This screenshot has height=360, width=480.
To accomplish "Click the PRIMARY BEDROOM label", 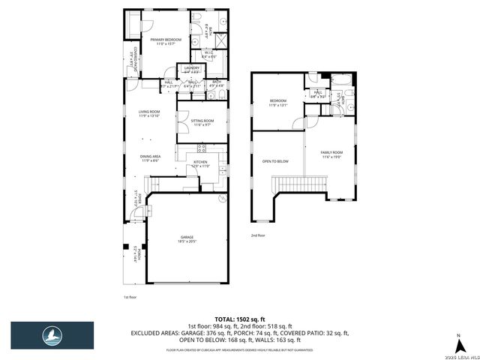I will (165, 40).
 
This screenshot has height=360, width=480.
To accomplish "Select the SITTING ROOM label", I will (202, 121).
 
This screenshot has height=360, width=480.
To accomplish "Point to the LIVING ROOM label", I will (149, 112).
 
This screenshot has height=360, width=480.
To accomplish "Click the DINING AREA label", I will (150, 157).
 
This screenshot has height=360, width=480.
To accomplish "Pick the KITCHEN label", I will (200, 163).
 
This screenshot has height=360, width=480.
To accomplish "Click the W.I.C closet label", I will (209, 53).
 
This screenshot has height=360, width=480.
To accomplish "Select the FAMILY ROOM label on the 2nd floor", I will (332, 153).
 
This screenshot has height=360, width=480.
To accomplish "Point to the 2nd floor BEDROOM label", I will (278, 102).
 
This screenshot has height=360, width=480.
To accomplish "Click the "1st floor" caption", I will (130, 298).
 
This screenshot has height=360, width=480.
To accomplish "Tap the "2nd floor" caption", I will (259, 235).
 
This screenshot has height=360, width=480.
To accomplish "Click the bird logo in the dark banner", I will (52, 335).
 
